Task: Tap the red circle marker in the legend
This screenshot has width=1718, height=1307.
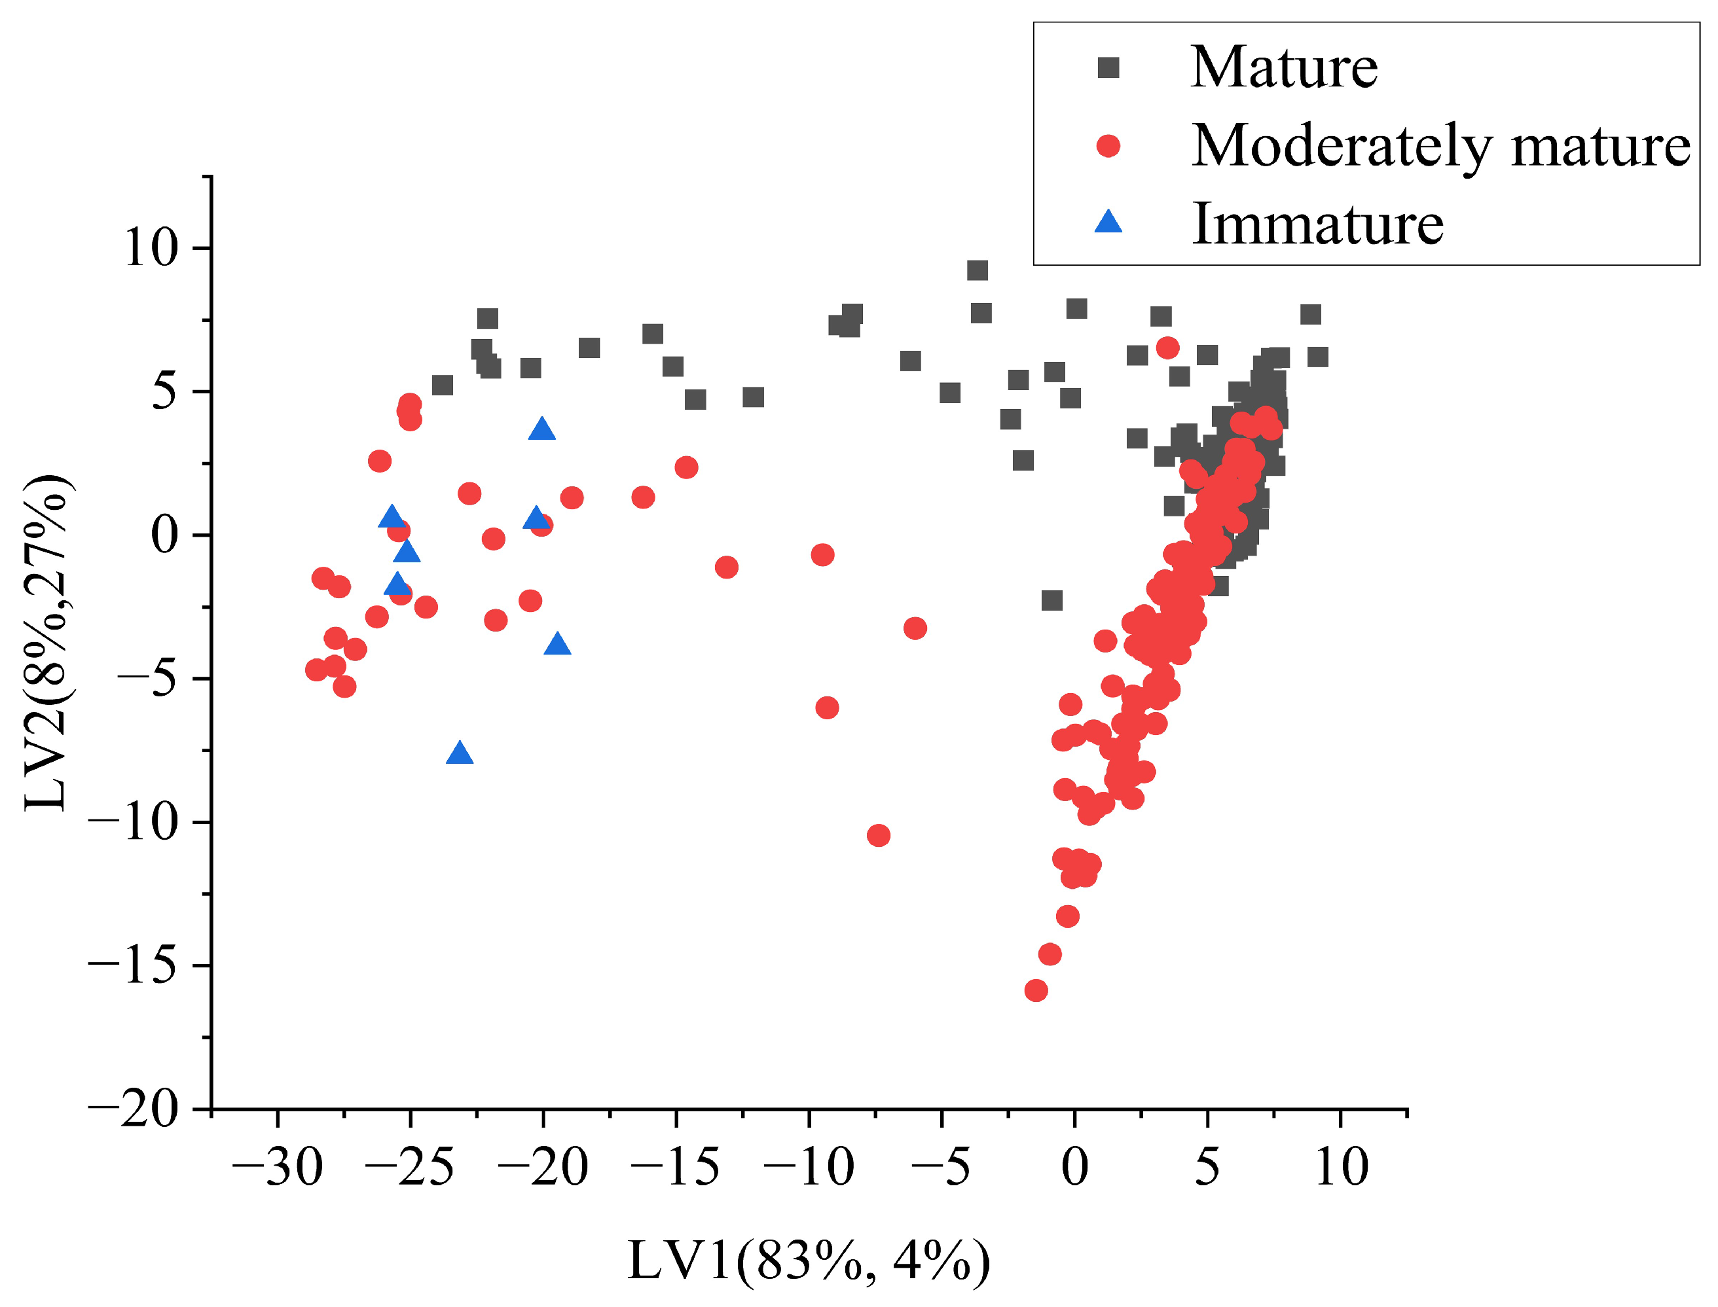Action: click(x=1107, y=145)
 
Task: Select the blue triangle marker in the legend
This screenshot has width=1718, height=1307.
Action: click(x=1107, y=223)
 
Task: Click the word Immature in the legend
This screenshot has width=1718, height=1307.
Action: click(x=1317, y=224)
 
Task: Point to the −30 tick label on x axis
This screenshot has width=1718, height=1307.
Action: click(x=277, y=1168)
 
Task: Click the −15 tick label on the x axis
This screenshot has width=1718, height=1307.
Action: click(x=676, y=1168)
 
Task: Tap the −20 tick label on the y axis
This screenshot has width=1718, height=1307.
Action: click(x=133, y=1109)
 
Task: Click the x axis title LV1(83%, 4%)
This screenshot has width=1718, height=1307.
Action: click(x=809, y=1261)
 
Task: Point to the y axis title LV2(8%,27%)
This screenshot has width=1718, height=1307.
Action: click(x=48, y=643)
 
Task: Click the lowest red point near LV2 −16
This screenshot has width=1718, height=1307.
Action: click(x=1036, y=990)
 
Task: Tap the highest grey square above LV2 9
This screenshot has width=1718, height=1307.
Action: click(x=978, y=270)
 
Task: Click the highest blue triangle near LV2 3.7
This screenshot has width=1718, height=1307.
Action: click(x=541, y=429)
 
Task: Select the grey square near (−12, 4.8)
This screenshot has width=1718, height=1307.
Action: click(x=753, y=397)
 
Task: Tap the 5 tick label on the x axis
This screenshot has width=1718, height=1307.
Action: click(x=1207, y=1168)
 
